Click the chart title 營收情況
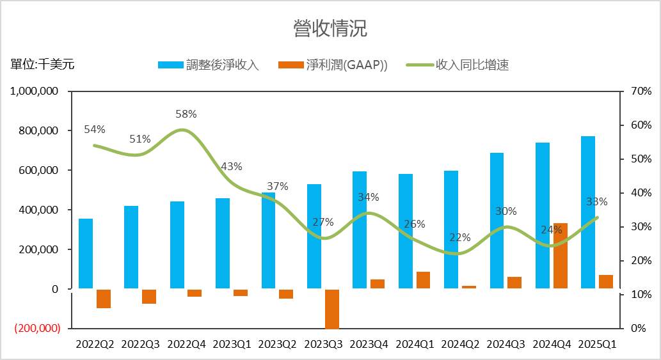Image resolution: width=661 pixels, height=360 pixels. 330,29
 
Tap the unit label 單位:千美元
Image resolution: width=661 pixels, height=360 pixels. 42,64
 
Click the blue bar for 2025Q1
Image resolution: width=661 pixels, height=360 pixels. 587,212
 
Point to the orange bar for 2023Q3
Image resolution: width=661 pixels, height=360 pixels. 331,309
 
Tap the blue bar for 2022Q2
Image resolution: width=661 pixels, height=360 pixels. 86,254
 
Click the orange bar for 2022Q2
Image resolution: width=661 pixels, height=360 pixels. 104,299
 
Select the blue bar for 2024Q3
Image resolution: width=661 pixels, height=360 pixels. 497,221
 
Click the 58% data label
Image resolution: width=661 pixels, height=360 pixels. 186,114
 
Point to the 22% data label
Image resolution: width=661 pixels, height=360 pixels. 459,237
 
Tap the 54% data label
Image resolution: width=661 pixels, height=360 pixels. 94,130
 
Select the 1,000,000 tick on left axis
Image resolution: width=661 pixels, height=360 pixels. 35,91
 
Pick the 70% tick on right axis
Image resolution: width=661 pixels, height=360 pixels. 641,91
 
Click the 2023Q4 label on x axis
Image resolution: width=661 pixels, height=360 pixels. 369,344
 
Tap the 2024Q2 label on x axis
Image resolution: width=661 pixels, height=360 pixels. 459,344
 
